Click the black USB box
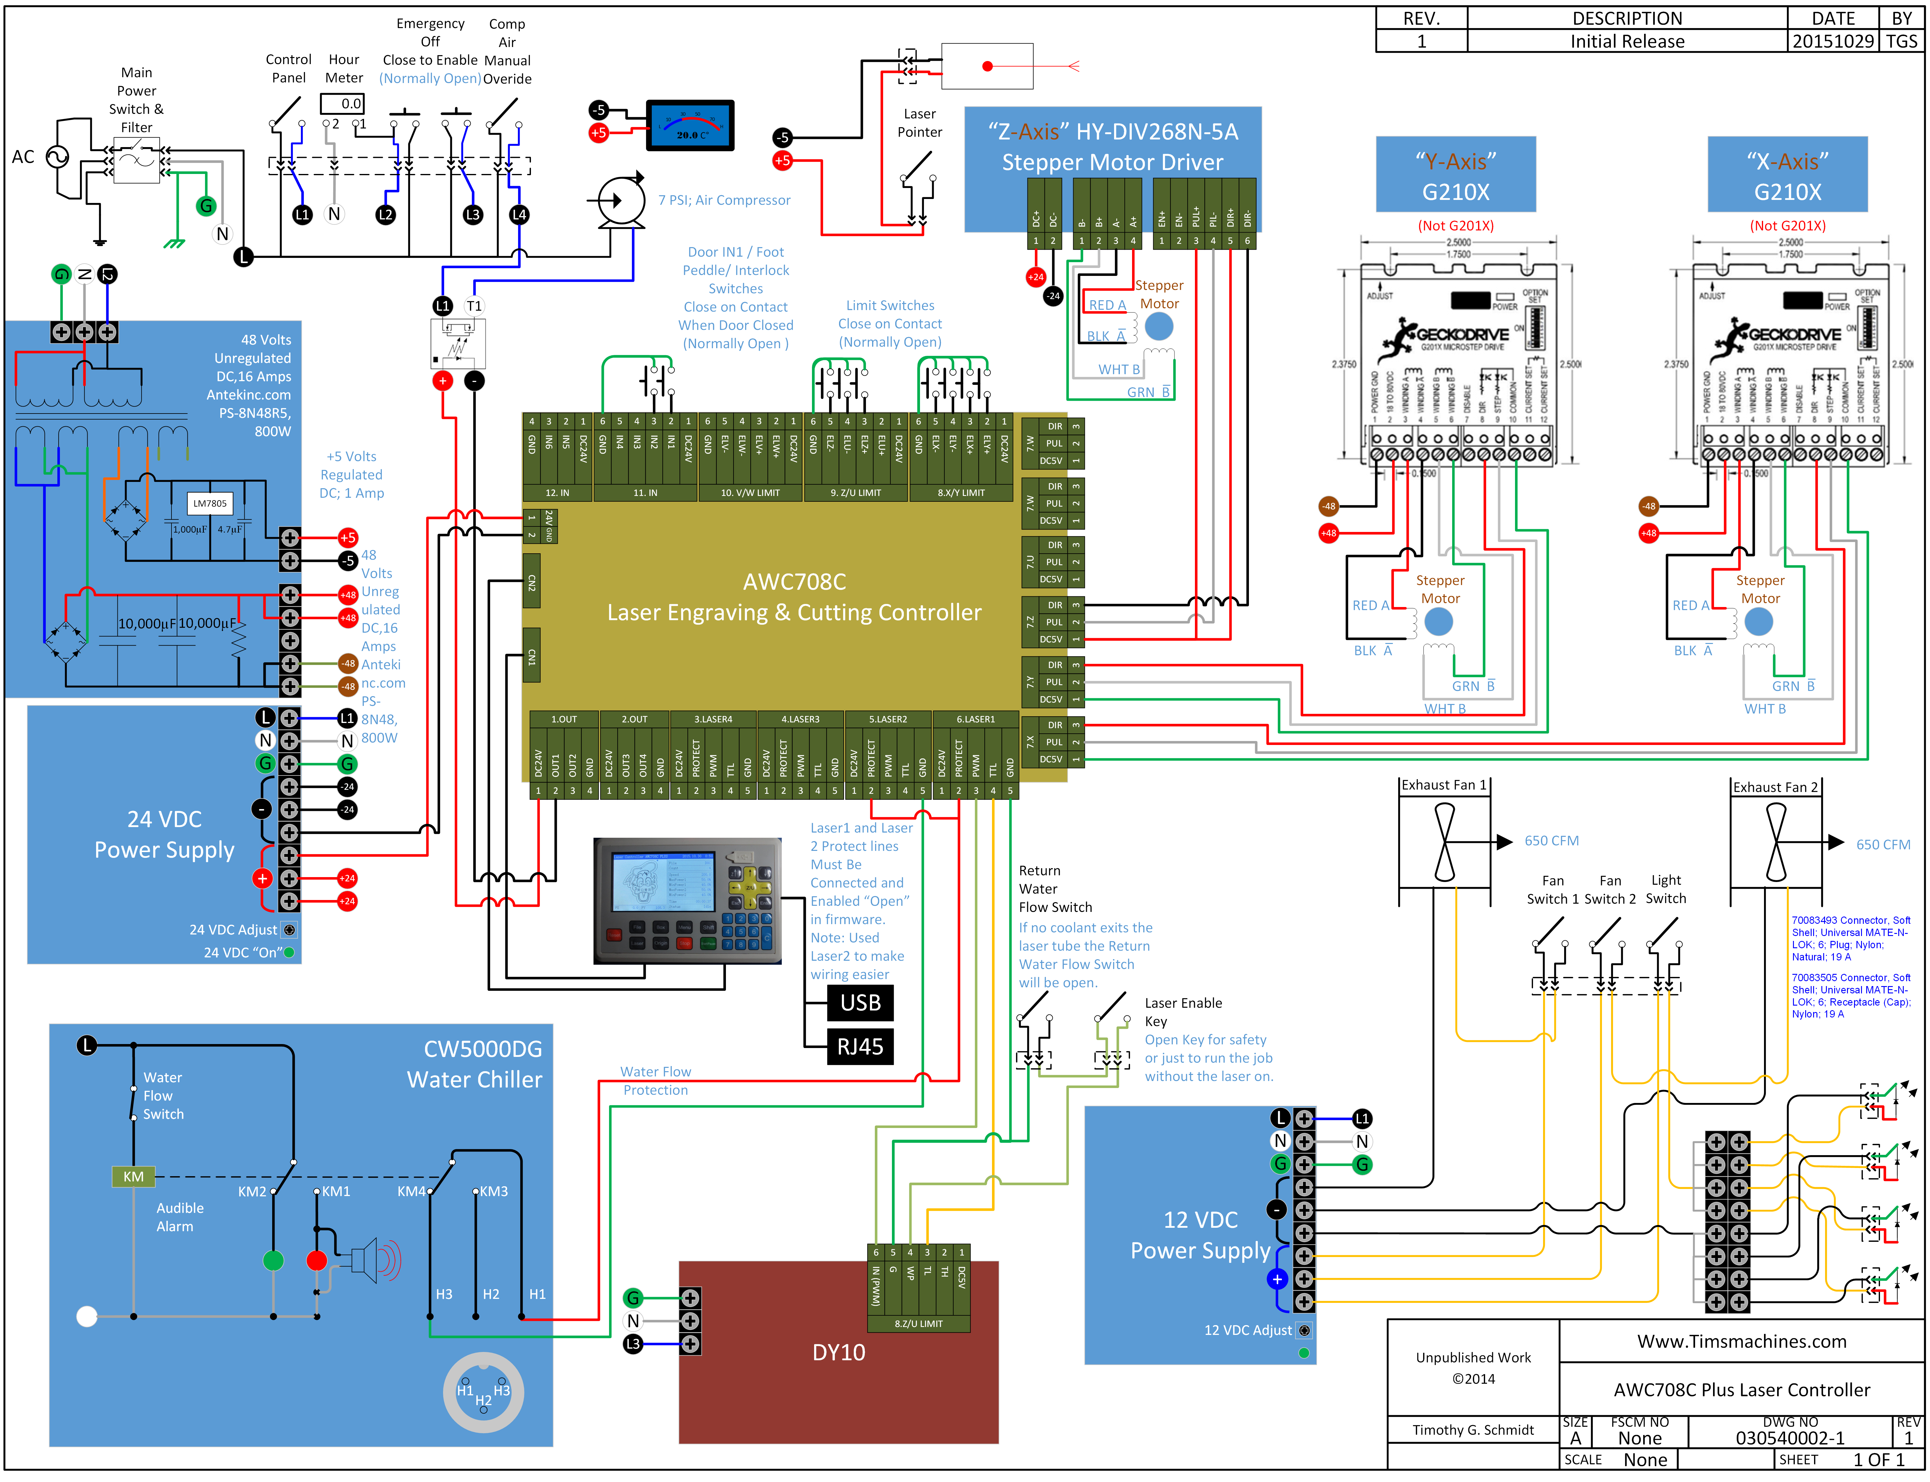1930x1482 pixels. point(860,1003)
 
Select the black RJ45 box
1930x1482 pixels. point(860,1047)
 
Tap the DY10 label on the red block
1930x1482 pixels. point(838,1352)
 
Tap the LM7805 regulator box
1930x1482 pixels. point(210,504)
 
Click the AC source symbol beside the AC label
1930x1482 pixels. point(57,157)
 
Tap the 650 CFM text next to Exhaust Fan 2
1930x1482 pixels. point(1882,844)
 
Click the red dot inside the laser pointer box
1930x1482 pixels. point(987,66)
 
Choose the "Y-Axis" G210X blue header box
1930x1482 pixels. point(1456,175)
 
